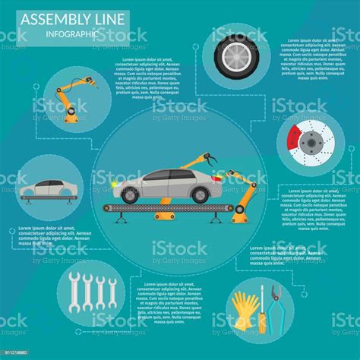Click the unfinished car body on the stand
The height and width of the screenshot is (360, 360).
click(46, 187)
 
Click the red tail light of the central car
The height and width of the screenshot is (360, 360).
click(220, 180)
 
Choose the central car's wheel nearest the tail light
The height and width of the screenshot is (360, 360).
click(200, 195)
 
